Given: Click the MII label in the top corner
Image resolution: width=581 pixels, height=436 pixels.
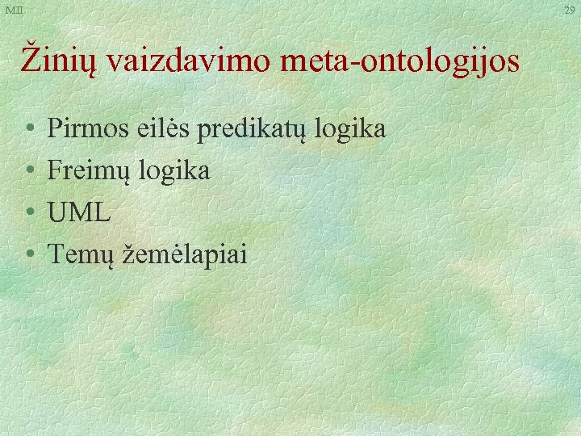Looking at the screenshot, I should (13, 9).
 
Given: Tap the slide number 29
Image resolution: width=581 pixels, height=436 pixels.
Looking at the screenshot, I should (570, 9).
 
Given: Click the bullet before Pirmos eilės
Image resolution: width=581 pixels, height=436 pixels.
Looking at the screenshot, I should (28, 129).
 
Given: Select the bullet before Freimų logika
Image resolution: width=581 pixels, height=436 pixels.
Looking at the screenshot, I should (28, 171).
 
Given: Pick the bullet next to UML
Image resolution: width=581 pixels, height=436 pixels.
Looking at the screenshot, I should (28, 213).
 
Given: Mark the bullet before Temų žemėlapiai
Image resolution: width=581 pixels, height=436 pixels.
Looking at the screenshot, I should (28, 255).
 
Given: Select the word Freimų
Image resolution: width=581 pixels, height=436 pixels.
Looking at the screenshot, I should (90, 171).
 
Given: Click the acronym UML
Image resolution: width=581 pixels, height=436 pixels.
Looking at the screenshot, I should (79, 213).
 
